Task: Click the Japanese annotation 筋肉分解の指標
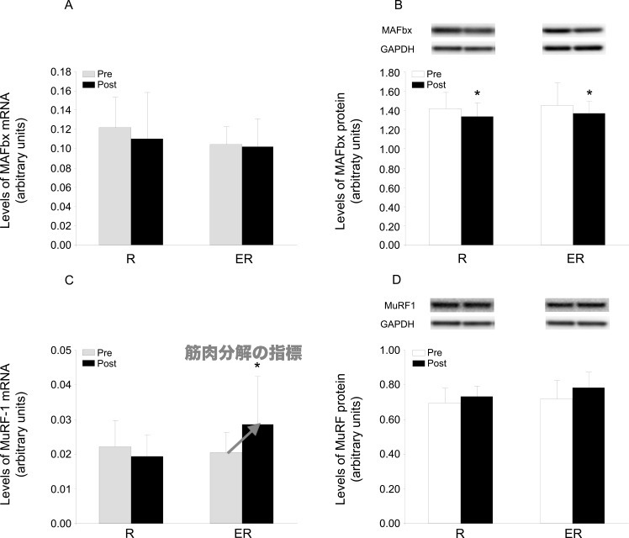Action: (244, 353)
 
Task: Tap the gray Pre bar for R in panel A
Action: (115, 187)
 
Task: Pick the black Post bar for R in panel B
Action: (477, 181)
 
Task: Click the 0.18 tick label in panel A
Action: (59, 71)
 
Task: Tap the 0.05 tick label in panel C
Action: (59, 350)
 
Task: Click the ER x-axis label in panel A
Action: (241, 257)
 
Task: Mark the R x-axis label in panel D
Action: (462, 534)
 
